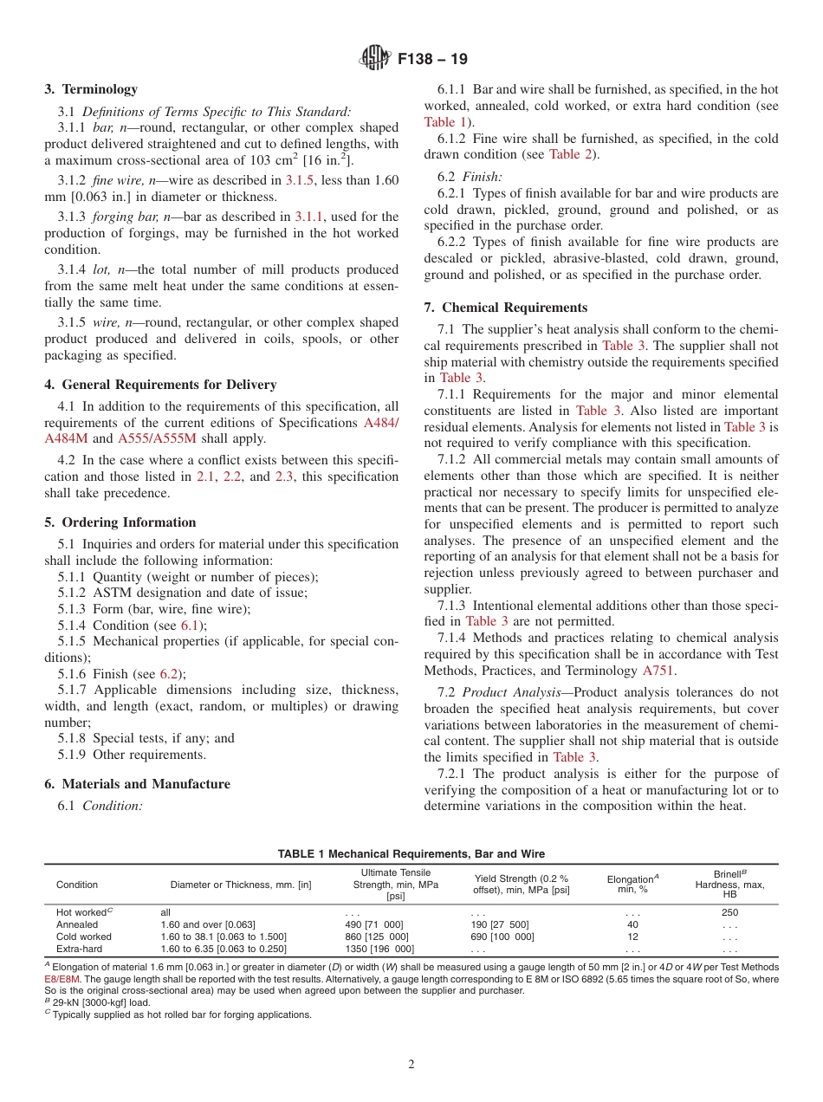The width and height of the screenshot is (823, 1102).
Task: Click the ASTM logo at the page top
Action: [x=375, y=60]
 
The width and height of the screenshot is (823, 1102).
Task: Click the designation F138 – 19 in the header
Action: [x=432, y=60]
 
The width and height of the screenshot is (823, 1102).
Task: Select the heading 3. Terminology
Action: [x=91, y=89]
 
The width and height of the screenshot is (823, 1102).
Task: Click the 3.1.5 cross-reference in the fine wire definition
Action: [x=300, y=180]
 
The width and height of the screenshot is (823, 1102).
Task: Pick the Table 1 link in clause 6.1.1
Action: [x=444, y=122]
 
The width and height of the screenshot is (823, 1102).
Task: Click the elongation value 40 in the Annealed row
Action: [x=632, y=924]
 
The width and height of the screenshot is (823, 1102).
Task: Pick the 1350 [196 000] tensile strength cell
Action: [x=379, y=949]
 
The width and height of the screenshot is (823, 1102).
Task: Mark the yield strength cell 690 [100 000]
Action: [x=502, y=937]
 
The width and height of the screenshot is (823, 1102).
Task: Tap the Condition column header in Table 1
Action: [x=77, y=885]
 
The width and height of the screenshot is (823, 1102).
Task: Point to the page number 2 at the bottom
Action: [x=411, y=1065]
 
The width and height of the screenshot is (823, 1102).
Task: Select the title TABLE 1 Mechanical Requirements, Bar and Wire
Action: [x=411, y=853]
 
